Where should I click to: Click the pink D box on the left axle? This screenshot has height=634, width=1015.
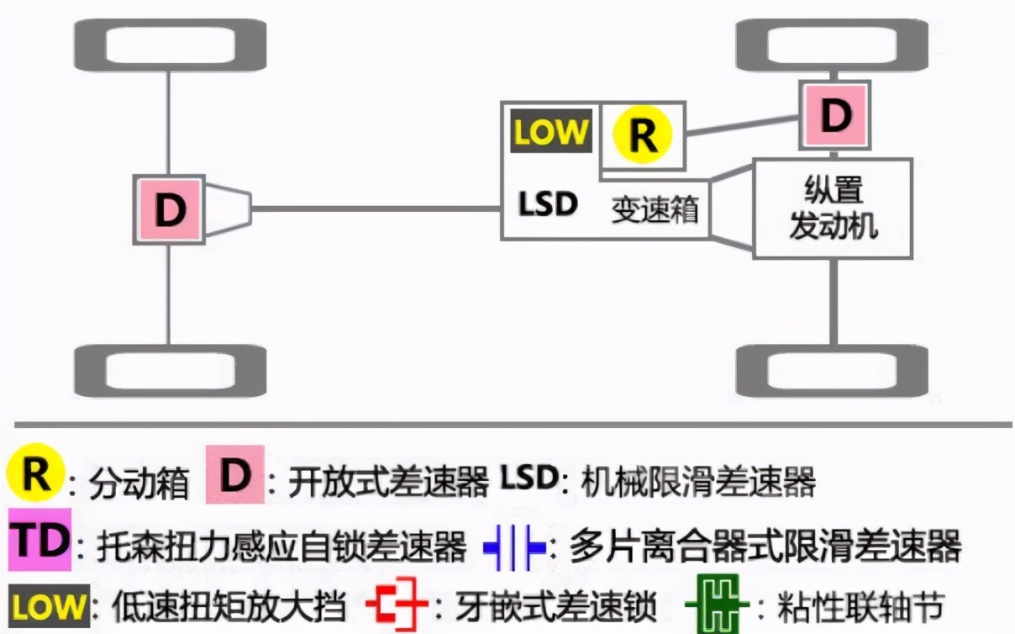pos(169,209)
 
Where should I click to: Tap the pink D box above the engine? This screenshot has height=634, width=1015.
pos(834,115)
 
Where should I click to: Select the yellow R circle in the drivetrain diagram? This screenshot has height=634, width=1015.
pos(643,135)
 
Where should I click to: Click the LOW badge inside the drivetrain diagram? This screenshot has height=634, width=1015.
pos(550,132)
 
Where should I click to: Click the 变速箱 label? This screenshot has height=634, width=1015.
pos(655,209)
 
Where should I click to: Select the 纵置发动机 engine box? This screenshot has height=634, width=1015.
pos(833,208)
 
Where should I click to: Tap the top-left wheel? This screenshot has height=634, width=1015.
pos(171,45)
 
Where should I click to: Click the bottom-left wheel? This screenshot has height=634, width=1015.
pos(171,371)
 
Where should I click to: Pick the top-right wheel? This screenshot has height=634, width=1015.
pos(833,45)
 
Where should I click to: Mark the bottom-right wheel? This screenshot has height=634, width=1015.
pos(833,371)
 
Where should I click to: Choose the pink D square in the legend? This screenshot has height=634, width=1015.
pos(235,476)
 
